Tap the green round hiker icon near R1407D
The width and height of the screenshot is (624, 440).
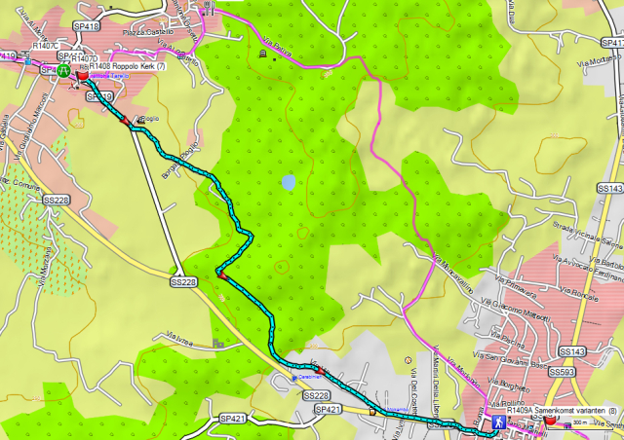click(x=63, y=70)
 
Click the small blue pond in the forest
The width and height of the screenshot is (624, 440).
click(x=289, y=181)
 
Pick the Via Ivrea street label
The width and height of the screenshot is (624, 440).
click(x=176, y=336)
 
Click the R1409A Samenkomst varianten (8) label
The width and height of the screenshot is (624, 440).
click(x=555, y=412)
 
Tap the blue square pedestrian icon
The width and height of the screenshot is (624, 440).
click(x=497, y=423)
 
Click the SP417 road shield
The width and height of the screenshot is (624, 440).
click(x=612, y=43)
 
